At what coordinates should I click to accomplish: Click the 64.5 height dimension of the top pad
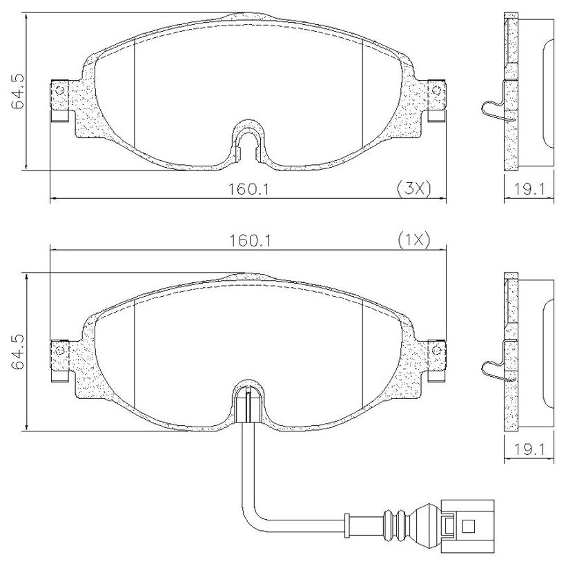tap(17, 91)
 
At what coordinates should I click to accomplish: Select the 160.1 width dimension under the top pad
tap(248, 189)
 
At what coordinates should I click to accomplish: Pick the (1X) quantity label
tap(414, 240)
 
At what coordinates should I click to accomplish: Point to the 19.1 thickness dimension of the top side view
tap(529, 189)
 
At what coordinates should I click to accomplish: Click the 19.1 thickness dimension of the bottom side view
tap(529, 450)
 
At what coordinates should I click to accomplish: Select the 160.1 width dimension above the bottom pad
tap(251, 241)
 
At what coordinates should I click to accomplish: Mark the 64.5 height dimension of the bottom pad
tap(17, 351)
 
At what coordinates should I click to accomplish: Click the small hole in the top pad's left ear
tap(60, 90)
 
